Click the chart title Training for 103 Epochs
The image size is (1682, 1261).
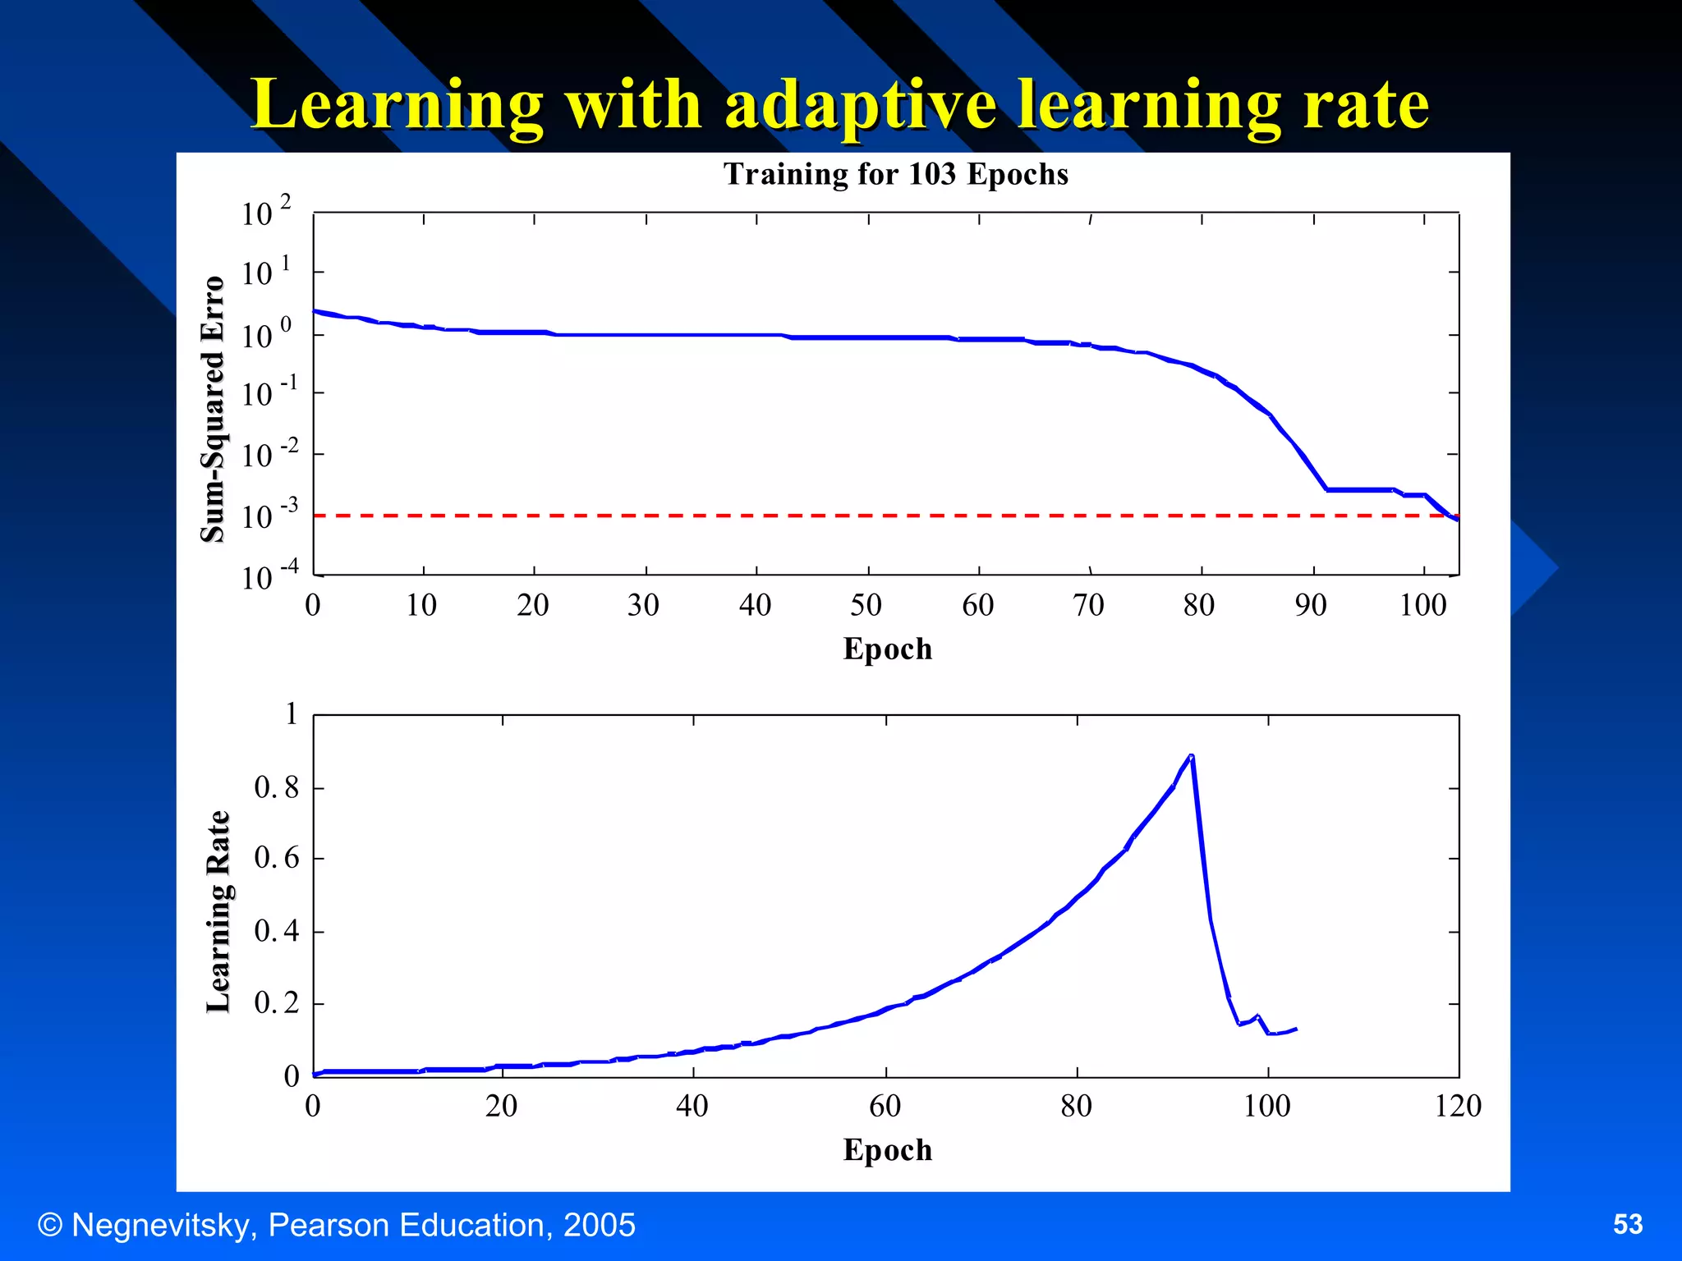[x=895, y=174]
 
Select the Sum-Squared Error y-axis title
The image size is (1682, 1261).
[x=213, y=409]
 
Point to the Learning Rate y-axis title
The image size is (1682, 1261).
[x=218, y=911]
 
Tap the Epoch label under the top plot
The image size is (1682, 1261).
[x=887, y=649]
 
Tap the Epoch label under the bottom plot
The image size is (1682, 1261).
[x=887, y=1149]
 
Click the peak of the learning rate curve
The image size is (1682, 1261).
[x=1191, y=755]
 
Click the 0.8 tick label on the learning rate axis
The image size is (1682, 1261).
[x=277, y=788]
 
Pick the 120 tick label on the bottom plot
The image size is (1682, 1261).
[x=1458, y=1106]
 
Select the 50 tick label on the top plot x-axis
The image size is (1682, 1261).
[x=866, y=606]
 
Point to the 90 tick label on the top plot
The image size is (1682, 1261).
[x=1311, y=606]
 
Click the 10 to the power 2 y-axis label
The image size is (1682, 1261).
[x=265, y=212]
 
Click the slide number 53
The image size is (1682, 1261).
[x=1627, y=1224]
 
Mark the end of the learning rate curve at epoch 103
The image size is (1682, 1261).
[x=1295, y=1029]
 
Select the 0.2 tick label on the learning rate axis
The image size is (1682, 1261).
[x=277, y=1003]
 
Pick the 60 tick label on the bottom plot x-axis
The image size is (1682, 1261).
[x=885, y=1106]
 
